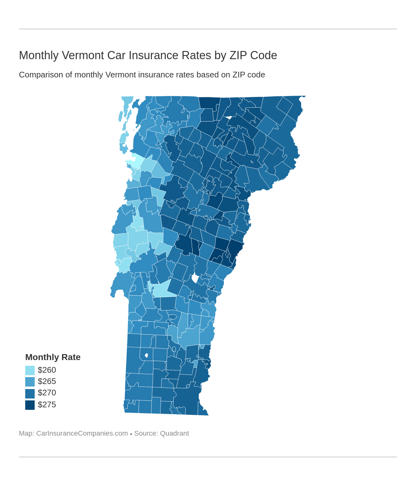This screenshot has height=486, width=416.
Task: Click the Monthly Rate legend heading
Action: click(x=53, y=357)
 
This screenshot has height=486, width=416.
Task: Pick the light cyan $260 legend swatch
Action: click(x=30, y=370)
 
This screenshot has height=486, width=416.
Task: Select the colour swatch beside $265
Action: click(x=30, y=382)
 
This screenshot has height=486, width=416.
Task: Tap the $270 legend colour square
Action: click(x=30, y=393)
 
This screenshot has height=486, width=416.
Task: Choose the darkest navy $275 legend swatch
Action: click(x=30, y=405)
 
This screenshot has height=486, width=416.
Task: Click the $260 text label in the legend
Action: click(x=47, y=370)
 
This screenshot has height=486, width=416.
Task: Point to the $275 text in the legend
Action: click(x=47, y=405)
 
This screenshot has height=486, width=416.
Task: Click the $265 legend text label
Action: click(x=47, y=381)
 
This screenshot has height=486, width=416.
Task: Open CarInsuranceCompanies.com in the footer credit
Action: click(x=82, y=433)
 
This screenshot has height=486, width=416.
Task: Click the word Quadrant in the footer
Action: click(x=174, y=433)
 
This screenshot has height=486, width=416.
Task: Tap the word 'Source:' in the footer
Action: click(x=146, y=433)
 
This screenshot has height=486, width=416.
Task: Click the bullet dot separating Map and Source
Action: click(x=131, y=434)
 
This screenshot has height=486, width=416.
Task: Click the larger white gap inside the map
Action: click(x=195, y=279)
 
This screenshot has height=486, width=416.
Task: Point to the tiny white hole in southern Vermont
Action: click(x=146, y=355)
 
